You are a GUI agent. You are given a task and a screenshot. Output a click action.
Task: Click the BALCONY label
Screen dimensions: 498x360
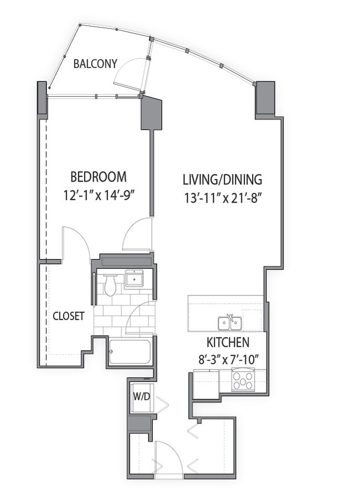click(95, 64)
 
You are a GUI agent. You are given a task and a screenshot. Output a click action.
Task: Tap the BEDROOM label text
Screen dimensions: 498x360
click(99, 177)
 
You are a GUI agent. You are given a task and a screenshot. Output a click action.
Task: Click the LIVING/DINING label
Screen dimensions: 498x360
click(222, 180)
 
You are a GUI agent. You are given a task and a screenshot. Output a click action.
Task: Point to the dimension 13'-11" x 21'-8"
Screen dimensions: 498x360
click(222, 198)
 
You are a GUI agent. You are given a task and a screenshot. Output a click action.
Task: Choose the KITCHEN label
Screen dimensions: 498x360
click(228, 342)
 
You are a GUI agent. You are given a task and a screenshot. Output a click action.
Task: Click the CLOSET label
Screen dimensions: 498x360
click(68, 317)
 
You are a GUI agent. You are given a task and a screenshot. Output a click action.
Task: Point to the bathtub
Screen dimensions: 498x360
click(130, 352)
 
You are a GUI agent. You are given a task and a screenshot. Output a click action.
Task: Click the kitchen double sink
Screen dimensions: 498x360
click(229, 322)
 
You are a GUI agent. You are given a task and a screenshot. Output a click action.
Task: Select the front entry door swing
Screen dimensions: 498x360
click(167, 456)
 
